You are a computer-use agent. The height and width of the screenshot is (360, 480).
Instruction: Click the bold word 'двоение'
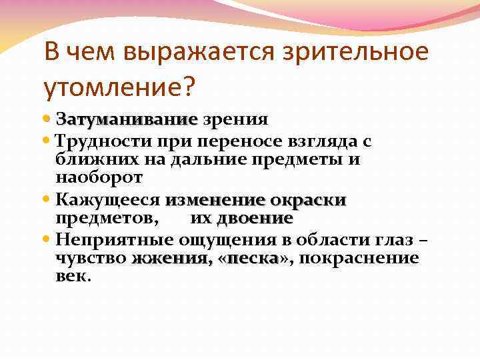pos(255,219)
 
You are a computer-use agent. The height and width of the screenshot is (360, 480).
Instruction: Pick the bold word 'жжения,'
pos(171,258)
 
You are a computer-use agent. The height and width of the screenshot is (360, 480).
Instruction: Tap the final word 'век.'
pos(72,276)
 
